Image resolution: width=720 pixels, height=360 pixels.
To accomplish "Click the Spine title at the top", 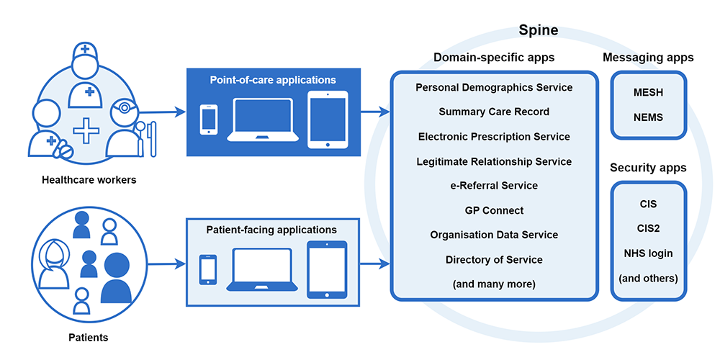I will coord(539,30).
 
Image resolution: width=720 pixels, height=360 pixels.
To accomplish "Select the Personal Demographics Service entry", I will coord(494,87).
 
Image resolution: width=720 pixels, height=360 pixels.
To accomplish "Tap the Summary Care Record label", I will coord(494,112).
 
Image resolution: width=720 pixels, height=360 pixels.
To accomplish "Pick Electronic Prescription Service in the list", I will coord(494,136).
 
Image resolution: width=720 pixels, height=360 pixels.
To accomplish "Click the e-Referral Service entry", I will coord(494,185).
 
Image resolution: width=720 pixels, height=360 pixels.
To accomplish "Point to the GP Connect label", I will coord(494,210).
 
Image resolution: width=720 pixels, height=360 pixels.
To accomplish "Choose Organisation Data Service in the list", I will coord(494,235).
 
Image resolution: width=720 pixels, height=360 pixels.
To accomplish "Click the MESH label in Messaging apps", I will coord(648,93).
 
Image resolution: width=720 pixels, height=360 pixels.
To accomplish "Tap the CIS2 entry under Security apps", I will coord(648,228).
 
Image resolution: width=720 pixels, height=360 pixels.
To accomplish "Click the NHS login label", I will coord(648,253).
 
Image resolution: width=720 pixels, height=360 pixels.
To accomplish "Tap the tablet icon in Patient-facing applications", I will coord(327,269).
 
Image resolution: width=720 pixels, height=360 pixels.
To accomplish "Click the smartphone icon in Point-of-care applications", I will coord(209,120).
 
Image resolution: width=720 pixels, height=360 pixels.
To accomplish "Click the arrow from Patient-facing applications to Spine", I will coord(374,264).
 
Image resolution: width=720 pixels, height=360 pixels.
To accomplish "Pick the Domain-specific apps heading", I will coord(494,58).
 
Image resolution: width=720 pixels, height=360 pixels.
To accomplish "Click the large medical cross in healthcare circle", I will coord(86,132).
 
